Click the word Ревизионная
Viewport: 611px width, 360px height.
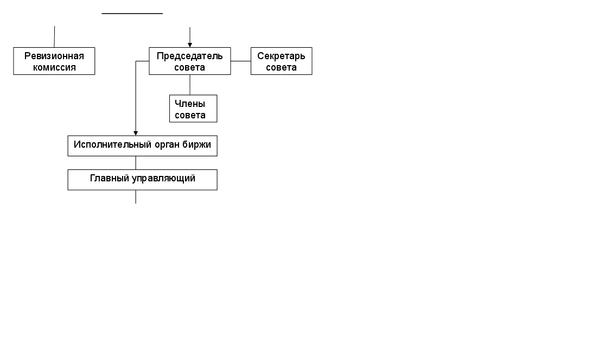pos(54,56)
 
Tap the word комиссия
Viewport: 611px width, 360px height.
pos(54,67)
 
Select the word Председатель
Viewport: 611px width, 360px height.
pos(189,56)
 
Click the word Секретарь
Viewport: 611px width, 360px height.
pos(281,56)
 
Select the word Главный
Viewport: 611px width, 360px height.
pos(110,178)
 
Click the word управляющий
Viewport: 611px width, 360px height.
pos(163,178)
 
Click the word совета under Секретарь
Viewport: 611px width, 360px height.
pos(281,67)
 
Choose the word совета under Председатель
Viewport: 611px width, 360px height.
pos(189,67)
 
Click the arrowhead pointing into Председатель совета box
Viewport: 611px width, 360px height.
pos(190,45)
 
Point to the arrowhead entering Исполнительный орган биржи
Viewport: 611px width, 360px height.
pos(136,132)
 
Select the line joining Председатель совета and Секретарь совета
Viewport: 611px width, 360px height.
pos(240,61)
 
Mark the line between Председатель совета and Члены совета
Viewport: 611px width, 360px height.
pos(190,85)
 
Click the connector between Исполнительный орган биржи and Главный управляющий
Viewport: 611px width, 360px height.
pos(136,163)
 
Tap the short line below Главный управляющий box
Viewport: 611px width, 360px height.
pos(136,197)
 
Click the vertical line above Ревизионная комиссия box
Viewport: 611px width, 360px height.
pos(54,36)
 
